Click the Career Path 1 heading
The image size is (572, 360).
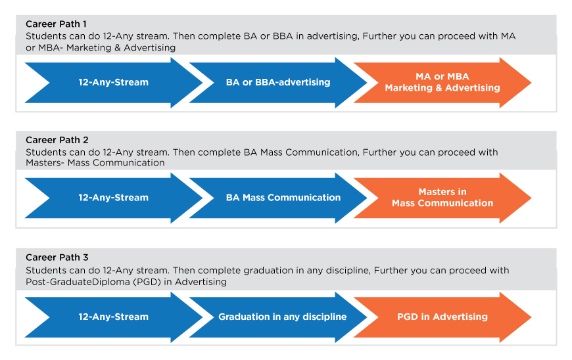pyautogui.click(x=56, y=24)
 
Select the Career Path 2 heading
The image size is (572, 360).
pyautogui.click(x=57, y=140)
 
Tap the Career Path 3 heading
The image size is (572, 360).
pyautogui.click(x=57, y=258)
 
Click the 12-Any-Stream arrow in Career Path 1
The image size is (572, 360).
pyautogui.click(x=114, y=82)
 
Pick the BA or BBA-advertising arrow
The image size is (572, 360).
pyautogui.click(x=278, y=82)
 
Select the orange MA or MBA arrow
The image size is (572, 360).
pyautogui.click(x=442, y=82)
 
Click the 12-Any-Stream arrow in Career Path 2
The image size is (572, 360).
pyautogui.click(x=114, y=198)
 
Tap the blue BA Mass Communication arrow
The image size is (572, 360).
pyautogui.click(x=278, y=198)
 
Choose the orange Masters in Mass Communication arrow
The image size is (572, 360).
pyautogui.click(x=442, y=198)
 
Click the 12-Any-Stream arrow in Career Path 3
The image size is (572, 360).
pyautogui.click(x=114, y=317)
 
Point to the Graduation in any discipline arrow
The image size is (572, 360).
pyautogui.click(x=278, y=317)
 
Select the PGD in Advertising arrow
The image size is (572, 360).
pyautogui.click(x=442, y=317)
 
